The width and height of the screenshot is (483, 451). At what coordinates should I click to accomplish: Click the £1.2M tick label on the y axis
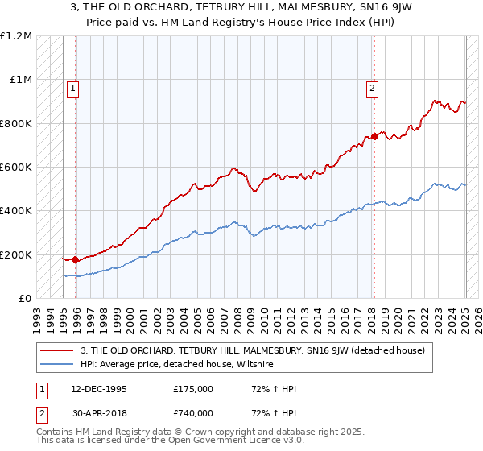16,36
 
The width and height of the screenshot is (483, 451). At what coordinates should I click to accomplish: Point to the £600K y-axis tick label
16,168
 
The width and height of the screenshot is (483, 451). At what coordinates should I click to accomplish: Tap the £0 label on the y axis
25,299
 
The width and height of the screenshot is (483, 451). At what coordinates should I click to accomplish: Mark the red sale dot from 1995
76,260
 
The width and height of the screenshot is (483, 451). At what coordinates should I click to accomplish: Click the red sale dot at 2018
374,136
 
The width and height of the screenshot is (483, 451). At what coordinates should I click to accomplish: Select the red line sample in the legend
57,350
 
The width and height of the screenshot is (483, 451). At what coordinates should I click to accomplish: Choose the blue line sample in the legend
57,364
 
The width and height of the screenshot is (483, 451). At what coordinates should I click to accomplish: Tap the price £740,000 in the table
193,413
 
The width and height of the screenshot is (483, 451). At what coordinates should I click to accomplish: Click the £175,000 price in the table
193,389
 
